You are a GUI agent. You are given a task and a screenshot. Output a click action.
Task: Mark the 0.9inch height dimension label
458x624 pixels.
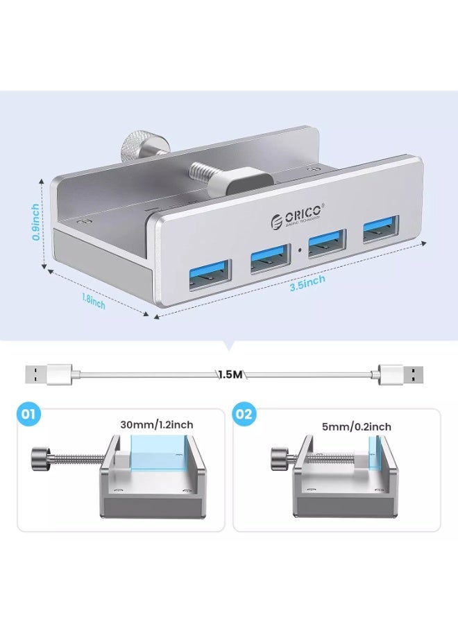pyautogui.click(x=35, y=221)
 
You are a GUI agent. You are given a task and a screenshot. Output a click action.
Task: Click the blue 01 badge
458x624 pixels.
pyautogui.click(x=28, y=416)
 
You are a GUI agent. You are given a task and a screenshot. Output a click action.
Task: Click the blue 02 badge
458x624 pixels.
pyautogui.click(x=244, y=417)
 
